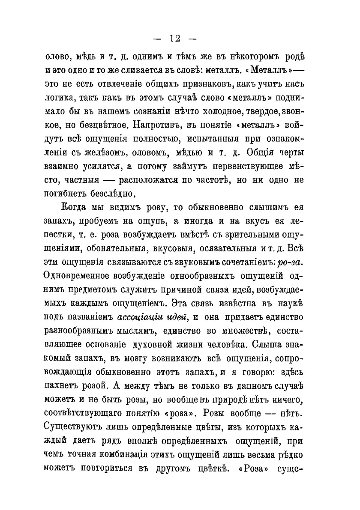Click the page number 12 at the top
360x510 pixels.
[x=174, y=39]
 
